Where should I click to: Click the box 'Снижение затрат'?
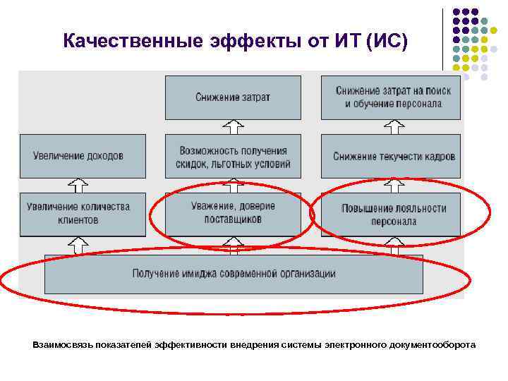pos(233,97)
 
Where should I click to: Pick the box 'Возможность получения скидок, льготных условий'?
pos(233,157)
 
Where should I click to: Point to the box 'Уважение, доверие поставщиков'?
pos(233,213)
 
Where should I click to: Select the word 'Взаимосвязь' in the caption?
pos(59,345)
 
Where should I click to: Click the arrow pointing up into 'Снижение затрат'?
pos(233,127)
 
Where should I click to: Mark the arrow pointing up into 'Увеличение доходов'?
pos(78,185)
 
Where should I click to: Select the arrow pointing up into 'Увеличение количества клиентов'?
pos(78,245)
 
